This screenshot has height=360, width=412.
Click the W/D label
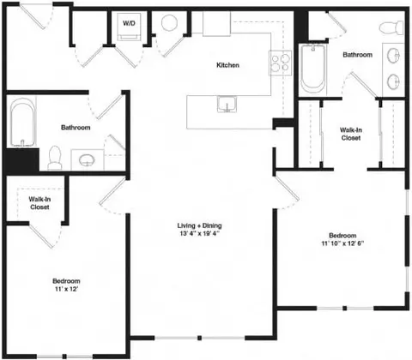pos(130,22)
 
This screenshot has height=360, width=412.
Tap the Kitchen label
pos(227,65)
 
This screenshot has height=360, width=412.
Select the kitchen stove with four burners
pos(280,61)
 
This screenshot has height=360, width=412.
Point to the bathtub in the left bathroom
pos(22,123)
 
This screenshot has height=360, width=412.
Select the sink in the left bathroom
pos(86,159)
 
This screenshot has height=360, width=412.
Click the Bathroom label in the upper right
pos(358,55)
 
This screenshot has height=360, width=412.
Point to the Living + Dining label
pos(199,225)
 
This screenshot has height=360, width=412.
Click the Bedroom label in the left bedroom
pos(65,282)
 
